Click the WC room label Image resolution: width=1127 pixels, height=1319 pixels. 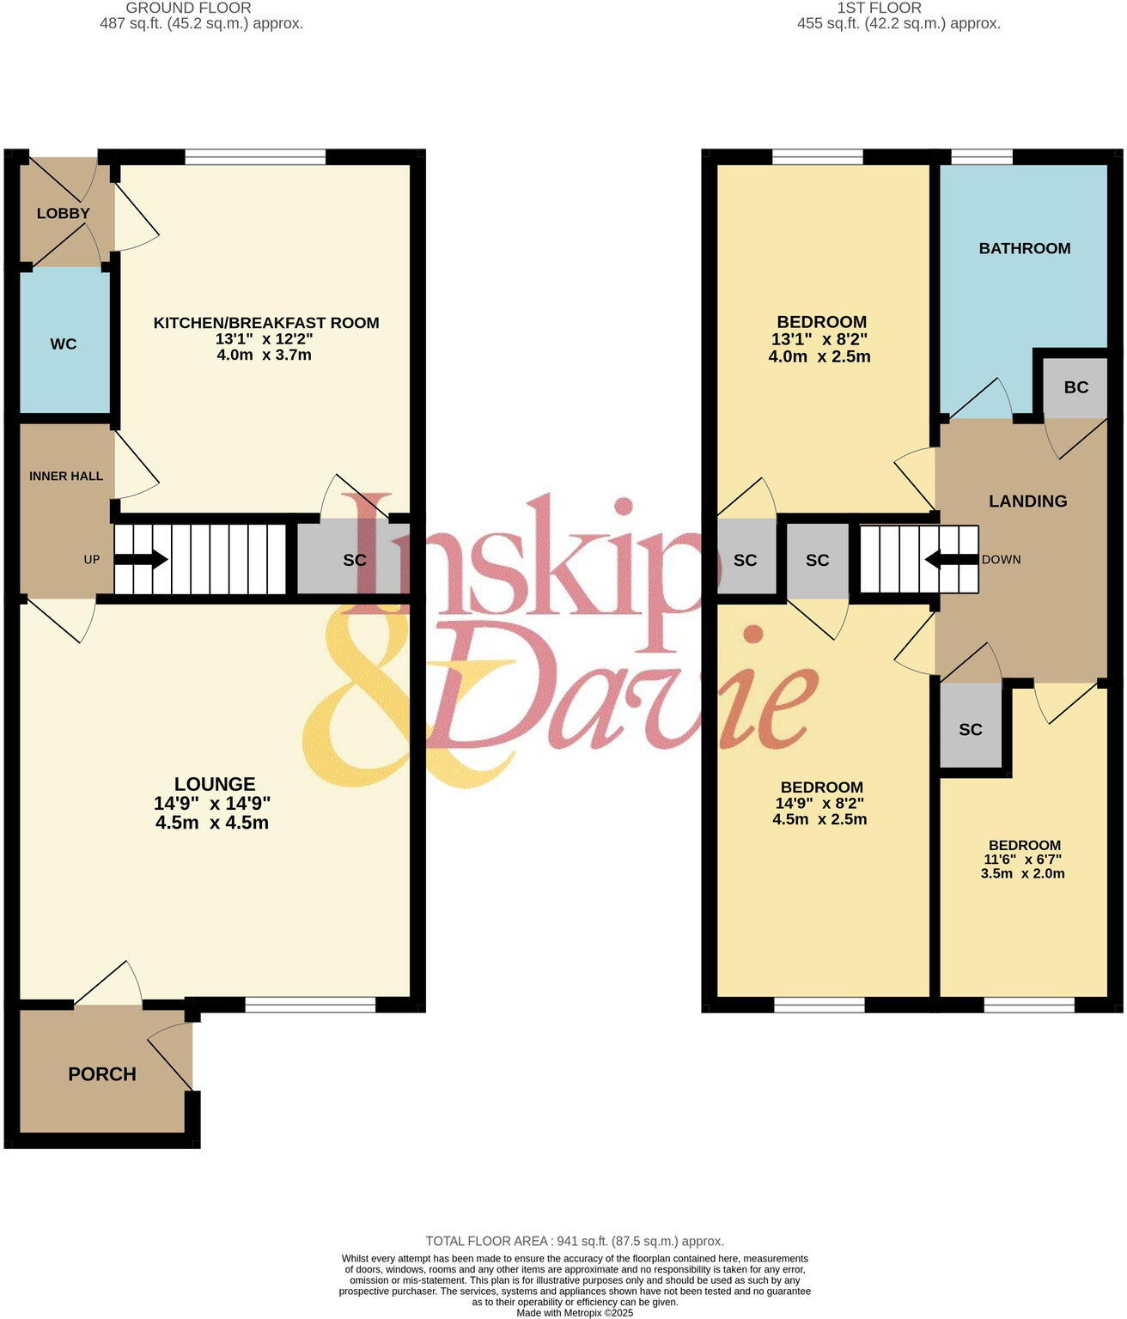[64, 344]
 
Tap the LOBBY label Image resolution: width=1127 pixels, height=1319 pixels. [63, 214]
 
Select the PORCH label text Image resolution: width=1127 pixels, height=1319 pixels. [102, 1074]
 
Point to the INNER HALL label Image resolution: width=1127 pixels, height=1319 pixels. [66, 477]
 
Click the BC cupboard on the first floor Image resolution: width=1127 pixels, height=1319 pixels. [1075, 387]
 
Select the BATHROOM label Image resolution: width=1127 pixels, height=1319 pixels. [1025, 249]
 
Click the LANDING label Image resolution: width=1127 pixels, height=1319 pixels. [1027, 501]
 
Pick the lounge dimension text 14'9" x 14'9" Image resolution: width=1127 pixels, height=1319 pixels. [212, 804]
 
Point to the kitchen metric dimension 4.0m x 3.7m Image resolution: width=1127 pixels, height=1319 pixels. [265, 355]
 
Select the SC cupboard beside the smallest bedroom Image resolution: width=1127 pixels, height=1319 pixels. [971, 730]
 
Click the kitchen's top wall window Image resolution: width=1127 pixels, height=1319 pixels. [255, 156]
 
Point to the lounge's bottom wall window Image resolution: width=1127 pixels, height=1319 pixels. [310, 1004]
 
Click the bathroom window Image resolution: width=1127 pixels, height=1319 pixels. [982, 156]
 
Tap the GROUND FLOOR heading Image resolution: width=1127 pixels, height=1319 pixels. [188, 8]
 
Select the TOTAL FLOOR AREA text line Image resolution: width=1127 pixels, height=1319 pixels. [575, 1241]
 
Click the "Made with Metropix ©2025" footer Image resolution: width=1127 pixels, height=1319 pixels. [575, 1313]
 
